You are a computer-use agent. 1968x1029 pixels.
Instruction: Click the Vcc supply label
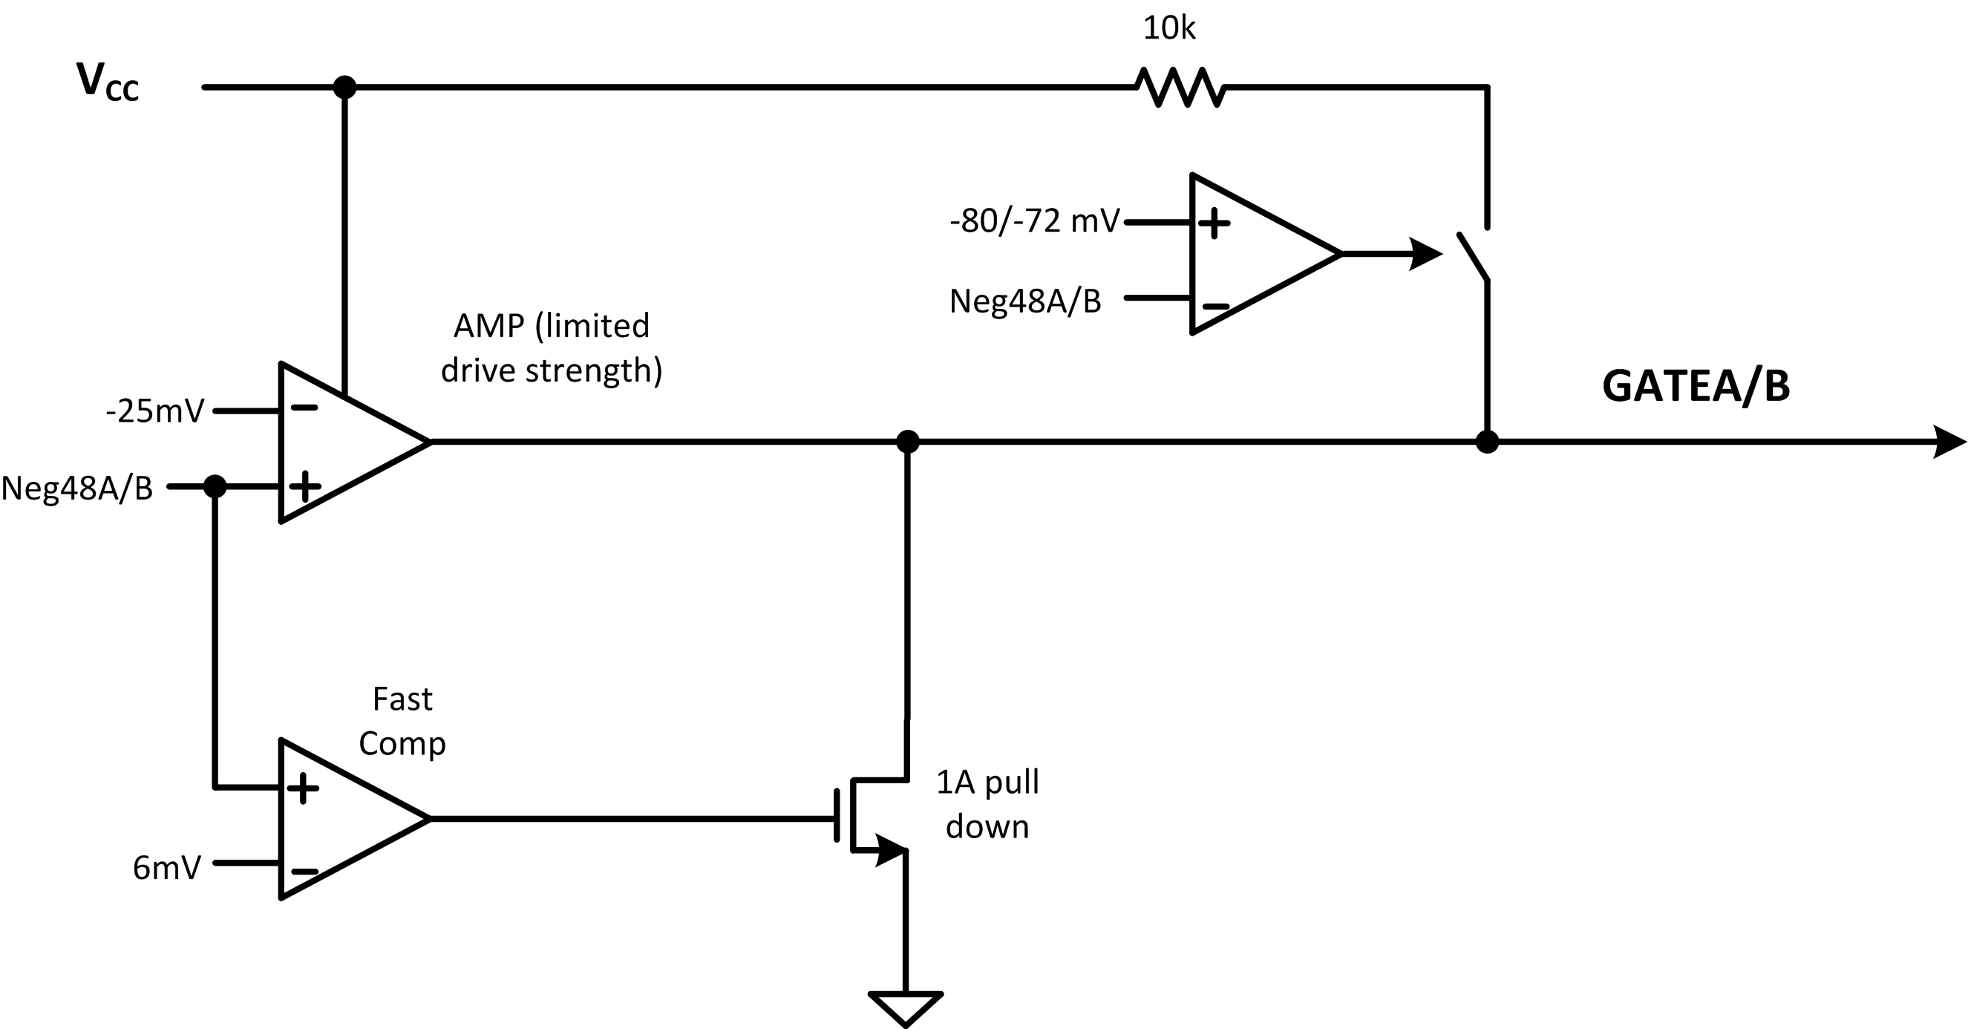(x=108, y=82)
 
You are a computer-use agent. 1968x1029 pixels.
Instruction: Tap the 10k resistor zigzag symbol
(x=1181, y=87)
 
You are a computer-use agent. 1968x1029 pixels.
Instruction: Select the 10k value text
(x=1169, y=29)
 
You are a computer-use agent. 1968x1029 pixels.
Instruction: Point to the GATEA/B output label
(x=1696, y=386)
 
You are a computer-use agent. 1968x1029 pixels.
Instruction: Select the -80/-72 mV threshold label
(x=1034, y=221)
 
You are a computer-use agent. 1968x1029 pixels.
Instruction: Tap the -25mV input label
(x=155, y=412)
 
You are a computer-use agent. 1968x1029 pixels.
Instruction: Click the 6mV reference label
(x=166, y=868)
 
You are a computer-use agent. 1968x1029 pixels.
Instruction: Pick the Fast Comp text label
(x=402, y=720)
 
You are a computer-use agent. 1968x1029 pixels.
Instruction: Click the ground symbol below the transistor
(x=906, y=1007)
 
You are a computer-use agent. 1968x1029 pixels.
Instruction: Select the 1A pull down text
(x=988, y=804)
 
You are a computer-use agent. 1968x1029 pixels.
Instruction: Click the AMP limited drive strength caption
(x=551, y=347)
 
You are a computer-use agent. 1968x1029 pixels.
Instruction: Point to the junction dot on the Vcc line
(x=344, y=87)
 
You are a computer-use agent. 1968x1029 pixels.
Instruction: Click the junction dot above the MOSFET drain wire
(x=907, y=442)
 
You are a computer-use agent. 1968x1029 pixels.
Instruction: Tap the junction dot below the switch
(x=1487, y=442)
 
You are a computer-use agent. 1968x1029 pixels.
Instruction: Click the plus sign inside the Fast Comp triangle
(x=304, y=788)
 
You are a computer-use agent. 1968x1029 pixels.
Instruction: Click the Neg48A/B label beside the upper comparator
(x=1025, y=301)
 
